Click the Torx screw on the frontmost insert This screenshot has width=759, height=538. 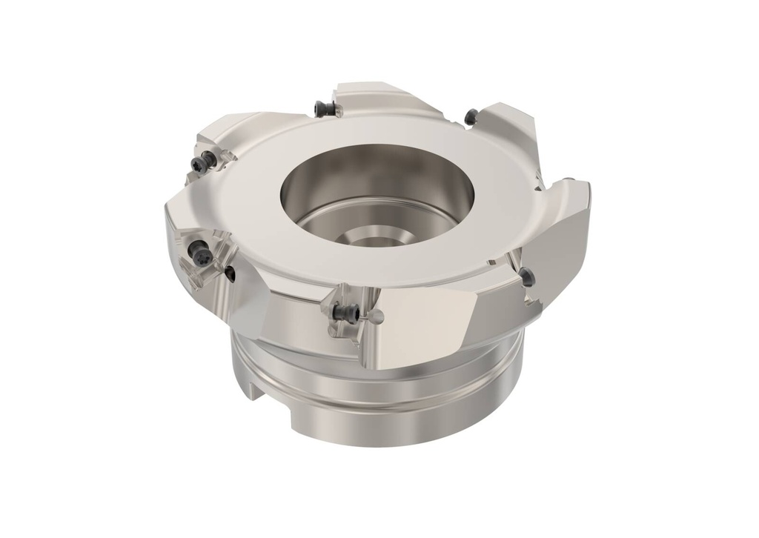[x=345, y=313]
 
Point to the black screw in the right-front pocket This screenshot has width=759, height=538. [x=527, y=276]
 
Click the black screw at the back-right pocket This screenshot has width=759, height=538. [x=471, y=116]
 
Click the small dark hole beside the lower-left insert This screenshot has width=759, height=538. [x=231, y=274]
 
